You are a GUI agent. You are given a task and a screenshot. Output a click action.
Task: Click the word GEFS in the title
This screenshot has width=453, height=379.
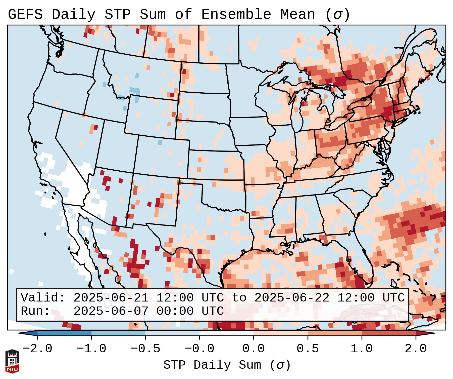click(25, 15)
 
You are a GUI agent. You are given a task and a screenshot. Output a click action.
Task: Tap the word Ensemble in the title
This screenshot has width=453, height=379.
click(236, 15)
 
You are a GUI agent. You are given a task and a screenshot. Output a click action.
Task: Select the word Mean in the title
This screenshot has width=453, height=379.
click(297, 15)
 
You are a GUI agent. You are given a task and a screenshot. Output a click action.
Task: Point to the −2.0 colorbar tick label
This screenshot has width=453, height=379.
click(37, 349)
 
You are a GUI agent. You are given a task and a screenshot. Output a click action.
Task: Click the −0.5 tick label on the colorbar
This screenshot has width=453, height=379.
click(145, 349)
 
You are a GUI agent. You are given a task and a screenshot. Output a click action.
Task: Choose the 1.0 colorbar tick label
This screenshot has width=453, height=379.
click(362, 349)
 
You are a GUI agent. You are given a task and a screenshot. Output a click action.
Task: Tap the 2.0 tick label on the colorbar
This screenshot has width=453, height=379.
click(416, 349)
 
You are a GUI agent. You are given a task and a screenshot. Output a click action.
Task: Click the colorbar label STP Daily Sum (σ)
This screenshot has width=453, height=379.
click(227, 365)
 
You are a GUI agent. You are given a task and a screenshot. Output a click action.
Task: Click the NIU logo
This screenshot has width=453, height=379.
click(12, 361)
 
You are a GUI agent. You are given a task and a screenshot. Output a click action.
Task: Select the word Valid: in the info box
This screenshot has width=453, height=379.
click(43, 298)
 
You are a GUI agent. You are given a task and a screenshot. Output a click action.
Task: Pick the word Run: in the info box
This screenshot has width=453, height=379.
click(35, 311)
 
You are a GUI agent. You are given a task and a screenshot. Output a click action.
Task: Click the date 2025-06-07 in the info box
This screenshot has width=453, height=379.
click(111, 311)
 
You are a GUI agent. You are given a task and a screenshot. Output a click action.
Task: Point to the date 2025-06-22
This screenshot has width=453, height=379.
click(292, 298)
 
